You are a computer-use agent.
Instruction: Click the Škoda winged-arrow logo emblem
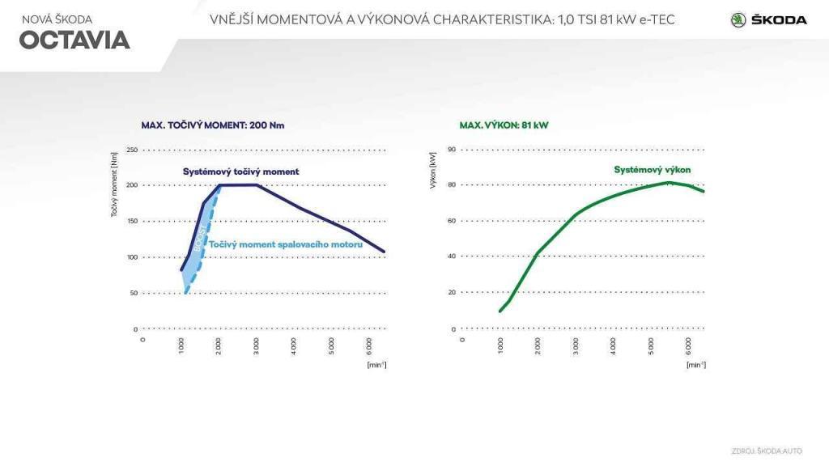[x=738, y=19]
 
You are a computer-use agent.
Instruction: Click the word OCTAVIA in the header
[x=74, y=40]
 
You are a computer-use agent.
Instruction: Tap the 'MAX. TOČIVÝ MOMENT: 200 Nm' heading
[x=213, y=125]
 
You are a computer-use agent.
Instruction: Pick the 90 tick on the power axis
[x=453, y=150]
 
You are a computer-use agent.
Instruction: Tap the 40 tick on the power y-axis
[x=453, y=256]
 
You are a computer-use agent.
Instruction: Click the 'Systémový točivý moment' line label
[x=241, y=172]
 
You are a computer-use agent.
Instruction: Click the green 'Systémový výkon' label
[x=652, y=170]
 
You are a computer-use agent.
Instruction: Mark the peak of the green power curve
[x=669, y=182]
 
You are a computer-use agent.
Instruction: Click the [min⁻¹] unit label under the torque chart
[x=376, y=365]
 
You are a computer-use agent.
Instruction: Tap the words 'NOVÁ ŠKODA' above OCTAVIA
[x=57, y=19]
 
